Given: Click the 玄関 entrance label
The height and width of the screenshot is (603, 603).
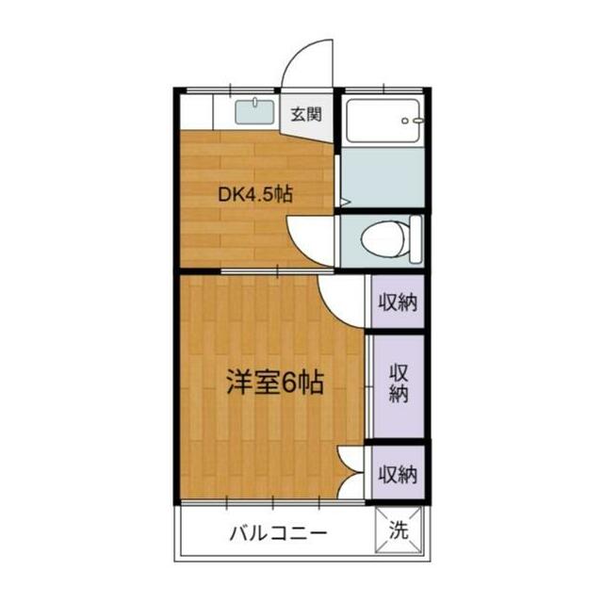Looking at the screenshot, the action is (x=305, y=114).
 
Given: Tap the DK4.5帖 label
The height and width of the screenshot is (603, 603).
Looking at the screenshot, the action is (x=255, y=195).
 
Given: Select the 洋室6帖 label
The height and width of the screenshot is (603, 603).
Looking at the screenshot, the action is (x=275, y=383).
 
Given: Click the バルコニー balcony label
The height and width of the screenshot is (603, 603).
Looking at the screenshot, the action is (x=279, y=533).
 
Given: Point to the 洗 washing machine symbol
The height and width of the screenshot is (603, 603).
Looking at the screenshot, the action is (x=399, y=530).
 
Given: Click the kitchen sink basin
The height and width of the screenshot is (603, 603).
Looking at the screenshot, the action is (x=254, y=111).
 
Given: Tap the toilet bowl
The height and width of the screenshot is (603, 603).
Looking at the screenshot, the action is (x=383, y=239).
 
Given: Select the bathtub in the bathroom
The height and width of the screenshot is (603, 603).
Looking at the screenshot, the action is (x=383, y=121).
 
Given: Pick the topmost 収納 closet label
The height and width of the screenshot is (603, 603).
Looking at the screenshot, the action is (x=398, y=302).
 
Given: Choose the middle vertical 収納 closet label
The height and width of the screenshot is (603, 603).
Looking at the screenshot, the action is (x=399, y=383).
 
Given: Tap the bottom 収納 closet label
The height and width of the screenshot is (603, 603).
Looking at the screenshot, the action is (x=398, y=474).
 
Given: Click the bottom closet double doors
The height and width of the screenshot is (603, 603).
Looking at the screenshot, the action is (x=350, y=472).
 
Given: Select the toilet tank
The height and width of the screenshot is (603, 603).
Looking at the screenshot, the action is (x=416, y=239).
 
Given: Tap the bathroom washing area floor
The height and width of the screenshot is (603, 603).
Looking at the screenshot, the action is (x=383, y=177).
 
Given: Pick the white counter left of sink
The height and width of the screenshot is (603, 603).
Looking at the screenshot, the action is (x=197, y=111).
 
